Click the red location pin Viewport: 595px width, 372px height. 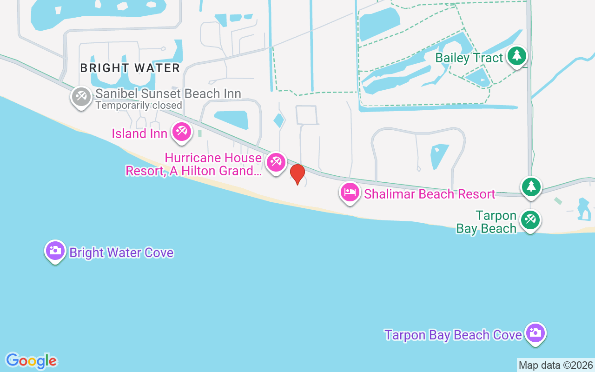click(297, 174)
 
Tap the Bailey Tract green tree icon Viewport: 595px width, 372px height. click(516, 56)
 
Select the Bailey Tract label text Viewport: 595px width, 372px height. click(469, 58)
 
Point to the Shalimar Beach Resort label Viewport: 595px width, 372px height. click(430, 194)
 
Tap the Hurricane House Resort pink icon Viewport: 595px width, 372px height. click(276, 162)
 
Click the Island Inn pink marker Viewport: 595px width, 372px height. click(181, 132)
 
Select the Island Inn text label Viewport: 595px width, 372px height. click(139, 134)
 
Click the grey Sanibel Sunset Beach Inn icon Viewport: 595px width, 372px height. click(81, 97)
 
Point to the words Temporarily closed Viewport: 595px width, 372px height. click(139, 106)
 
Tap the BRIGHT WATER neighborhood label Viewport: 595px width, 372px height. click(130, 68)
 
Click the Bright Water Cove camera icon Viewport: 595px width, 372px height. click(55, 251)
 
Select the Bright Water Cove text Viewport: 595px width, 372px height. click(121, 253)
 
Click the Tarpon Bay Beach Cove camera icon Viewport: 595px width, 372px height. click(535, 333)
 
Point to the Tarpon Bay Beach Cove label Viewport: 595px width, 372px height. click(453, 335)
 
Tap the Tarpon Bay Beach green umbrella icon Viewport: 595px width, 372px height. click(530, 219)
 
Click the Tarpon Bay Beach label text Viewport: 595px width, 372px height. click(487, 222)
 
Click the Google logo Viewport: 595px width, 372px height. click(31, 361)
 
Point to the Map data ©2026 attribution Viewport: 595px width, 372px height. click(555, 365)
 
